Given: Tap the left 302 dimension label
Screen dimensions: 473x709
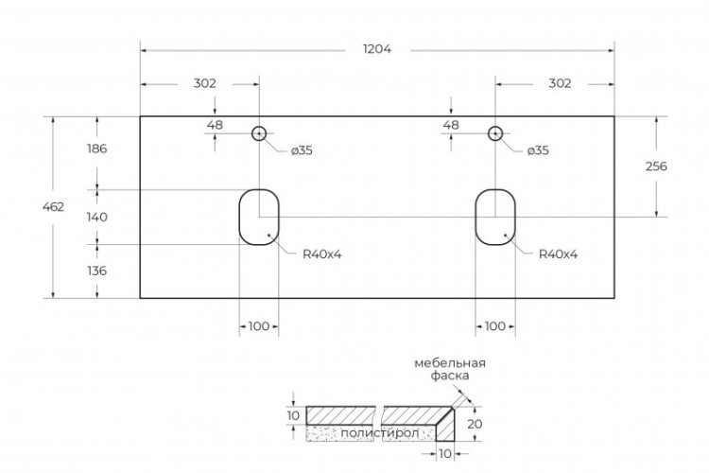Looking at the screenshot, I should [x=204, y=83].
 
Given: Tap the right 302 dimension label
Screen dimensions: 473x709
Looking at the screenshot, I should [x=560, y=83].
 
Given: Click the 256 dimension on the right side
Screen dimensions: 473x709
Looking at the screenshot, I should [x=656, y=166].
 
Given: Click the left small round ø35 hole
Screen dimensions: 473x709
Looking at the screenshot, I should [x=259, y=133].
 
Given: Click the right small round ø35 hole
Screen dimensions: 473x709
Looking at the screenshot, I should [x=494, y=133].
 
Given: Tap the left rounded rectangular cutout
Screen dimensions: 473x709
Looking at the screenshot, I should [x=258, y=217].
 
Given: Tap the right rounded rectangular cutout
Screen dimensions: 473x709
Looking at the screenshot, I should [x=494, y=217].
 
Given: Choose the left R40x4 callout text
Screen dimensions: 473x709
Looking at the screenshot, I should [x=321, y=254].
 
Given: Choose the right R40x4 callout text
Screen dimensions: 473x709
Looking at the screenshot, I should [x=558, y=254].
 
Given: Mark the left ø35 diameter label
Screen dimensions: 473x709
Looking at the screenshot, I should [x=303, y=151].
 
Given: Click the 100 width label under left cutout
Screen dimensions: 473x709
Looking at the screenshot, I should [x=258, y=326].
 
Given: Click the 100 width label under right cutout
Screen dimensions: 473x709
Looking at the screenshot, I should [x=494, y=326].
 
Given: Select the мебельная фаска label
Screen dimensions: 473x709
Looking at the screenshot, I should [x=449, y=369].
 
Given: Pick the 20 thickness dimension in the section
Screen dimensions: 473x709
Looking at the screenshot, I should [x=476, y=424].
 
